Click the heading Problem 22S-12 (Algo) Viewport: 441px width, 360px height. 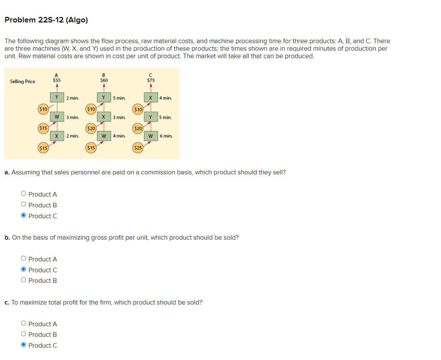click(x=46, y=20)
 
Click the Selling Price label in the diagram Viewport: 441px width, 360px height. click(x=22, y=81)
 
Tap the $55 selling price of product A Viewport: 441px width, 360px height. click(x=57, y=80)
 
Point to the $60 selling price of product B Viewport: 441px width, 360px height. click(x=104, y=80)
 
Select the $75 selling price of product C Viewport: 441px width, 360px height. click(x=151, y=80)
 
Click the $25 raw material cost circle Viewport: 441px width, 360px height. click(x=138, y=148)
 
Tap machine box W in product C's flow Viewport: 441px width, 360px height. click(x=150, y=136)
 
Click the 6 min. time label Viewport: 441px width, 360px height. click(x=166, y=136)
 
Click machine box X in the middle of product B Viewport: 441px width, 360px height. click(x=103, y=117)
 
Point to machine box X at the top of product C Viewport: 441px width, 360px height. click(x=150, y=98)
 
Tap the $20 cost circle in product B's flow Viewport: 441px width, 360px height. click(x=91, y=129)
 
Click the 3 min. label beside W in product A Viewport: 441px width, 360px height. click(x=72, y=117)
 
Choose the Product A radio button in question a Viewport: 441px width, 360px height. click(x=24, y=194)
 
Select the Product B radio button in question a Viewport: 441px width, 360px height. click(x=24, y=205)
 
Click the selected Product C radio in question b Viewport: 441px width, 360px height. click(x=24, y=270)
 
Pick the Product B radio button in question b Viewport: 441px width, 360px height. click(x=24, y=280)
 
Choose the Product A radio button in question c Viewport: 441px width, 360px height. click(x=24, y=324)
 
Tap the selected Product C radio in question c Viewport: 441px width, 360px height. click(x=24, y=345)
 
